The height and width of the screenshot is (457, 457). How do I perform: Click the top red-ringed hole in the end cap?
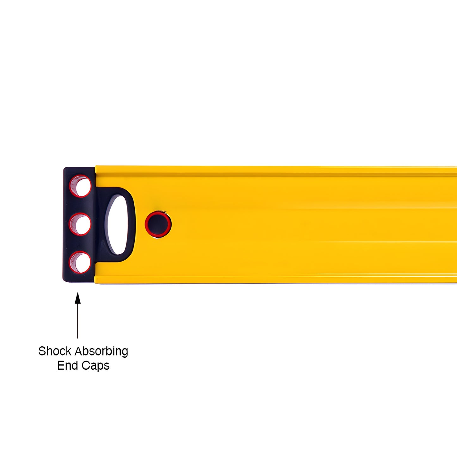80,186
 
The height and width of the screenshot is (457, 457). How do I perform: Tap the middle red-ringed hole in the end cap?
80,224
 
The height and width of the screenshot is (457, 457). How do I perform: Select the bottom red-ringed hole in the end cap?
80,262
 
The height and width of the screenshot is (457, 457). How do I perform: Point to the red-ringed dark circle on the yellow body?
158,224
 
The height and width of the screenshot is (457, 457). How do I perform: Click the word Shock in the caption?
55,351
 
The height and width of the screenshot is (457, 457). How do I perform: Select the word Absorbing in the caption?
101,352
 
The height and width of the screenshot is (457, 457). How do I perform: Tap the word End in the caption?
68,366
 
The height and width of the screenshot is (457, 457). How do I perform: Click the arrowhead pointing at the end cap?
77,298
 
